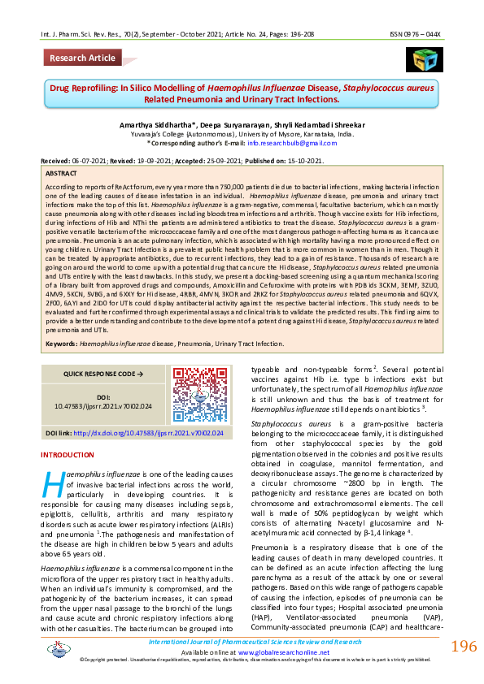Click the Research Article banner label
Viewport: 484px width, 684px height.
(83, 58)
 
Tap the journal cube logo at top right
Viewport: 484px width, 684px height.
(421, 58)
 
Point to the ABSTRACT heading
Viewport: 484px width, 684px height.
(62, 174)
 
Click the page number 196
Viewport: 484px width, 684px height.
(463, 647)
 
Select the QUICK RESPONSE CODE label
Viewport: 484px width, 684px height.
(92, 374)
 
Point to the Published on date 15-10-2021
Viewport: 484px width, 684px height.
(302, 161)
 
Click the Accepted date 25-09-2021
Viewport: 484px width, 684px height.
(224, 161)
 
